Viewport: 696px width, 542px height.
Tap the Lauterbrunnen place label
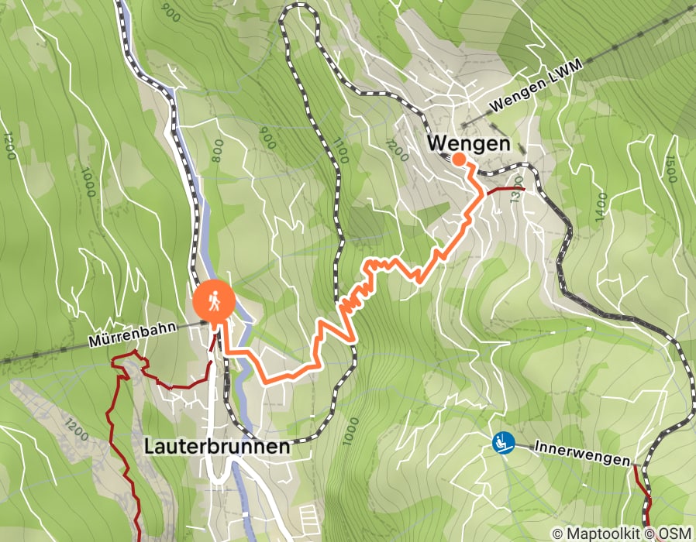(x=217, y=446)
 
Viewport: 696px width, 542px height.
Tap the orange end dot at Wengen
(x=459, y=160)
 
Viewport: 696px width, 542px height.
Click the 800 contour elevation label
(x=216, y=146)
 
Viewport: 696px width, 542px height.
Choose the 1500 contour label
(x=672, y=170)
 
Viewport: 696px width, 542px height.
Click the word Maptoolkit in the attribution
(x=596, y=533)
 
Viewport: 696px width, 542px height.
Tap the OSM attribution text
(x=676, y=533)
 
